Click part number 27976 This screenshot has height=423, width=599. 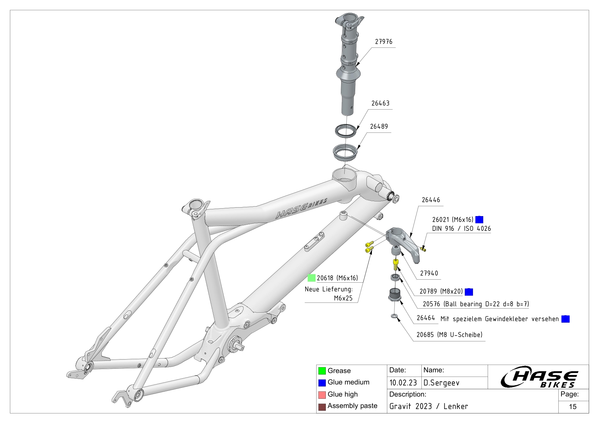coord(384,42)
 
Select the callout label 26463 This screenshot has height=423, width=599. coord(380,103)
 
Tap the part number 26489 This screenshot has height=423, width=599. coord(379,126)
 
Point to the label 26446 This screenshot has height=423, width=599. coord(431,200)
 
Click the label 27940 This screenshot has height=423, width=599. coord(429,273)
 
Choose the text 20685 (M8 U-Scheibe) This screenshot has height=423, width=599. coord(449,335)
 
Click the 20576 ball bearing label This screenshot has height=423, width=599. coord(476,304)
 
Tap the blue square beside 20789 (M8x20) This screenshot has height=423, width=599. coord(469,292)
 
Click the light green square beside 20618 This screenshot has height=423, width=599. coord(311,278)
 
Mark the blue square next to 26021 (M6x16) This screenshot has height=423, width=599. coord(479,220)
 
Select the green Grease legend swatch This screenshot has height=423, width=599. coord(322,371)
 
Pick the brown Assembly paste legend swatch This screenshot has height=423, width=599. coord(322,407)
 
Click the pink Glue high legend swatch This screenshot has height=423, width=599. coord(322,395)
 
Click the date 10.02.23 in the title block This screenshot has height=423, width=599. coord(403,383)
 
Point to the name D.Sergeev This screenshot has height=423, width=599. coord(441,383)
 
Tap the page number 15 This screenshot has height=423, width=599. coord(573,407)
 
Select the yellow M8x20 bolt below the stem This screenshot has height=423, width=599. coord(396,264)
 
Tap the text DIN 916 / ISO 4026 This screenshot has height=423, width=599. coord(461,228)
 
